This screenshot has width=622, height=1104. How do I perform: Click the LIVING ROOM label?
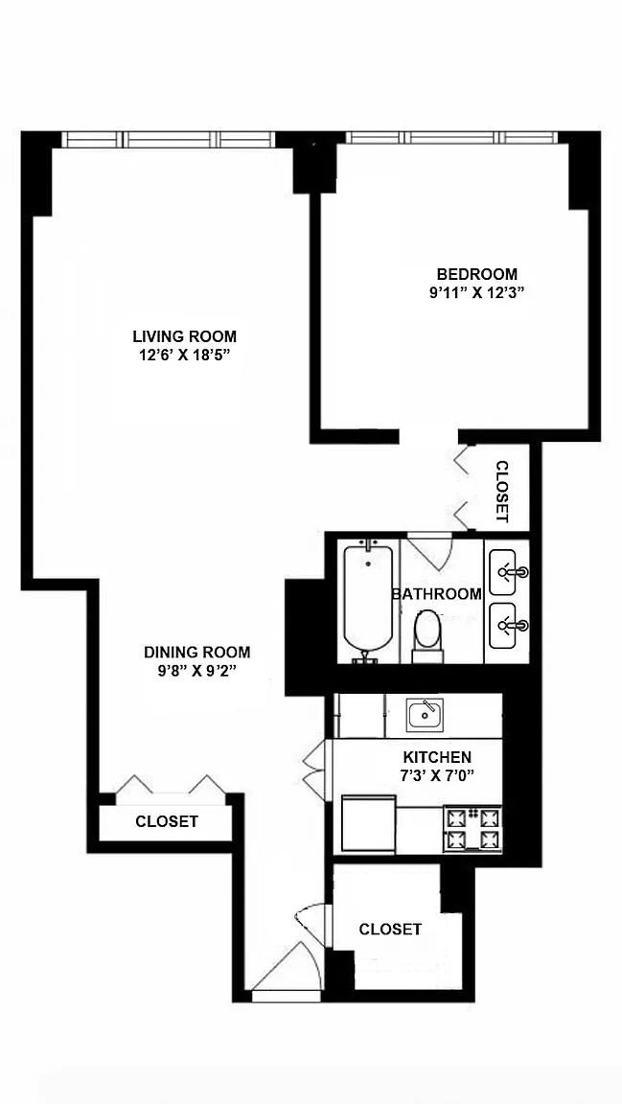(x=185, y=335)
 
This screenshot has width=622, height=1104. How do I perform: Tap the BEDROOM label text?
(x=477, y=274)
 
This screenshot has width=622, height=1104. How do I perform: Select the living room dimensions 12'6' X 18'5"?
(x=185, y=356)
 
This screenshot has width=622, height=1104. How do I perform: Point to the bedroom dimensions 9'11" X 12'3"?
(x=477, y=293)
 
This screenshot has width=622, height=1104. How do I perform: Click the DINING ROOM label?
(x=196, y=652)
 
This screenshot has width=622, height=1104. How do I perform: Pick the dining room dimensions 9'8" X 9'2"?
(x=196, y=671)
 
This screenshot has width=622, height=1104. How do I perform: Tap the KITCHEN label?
(x=437, y=758)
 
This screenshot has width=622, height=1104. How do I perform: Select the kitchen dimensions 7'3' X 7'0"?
(x=437, y=776)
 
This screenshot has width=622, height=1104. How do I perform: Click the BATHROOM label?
(x=437, y=593)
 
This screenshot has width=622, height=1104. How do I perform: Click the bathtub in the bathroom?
(x=367, y=601)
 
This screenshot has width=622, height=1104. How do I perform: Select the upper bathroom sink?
(x=509, y=571)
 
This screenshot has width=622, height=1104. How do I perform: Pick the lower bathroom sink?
(x=509, y=625)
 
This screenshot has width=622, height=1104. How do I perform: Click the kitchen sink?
(x=426, y=715)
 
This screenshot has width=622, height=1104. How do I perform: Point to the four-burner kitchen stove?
(x=472, y=828)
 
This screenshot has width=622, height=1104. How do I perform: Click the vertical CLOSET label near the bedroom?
(x=501, y=492)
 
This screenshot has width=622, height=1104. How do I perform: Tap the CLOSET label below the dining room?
(x=167, y=821)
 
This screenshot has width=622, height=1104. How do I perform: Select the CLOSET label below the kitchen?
(x=390, y=930)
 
